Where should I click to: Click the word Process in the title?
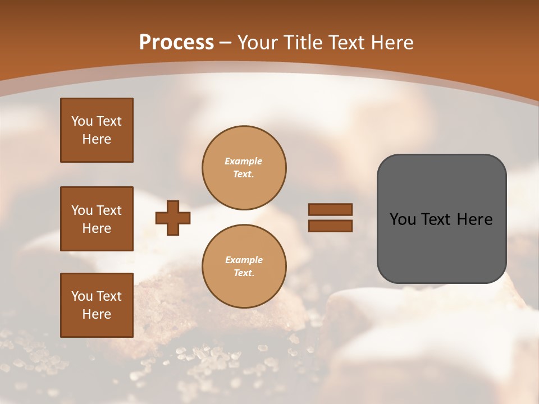(x=176, y=43)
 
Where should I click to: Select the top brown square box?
(x=97, y=130)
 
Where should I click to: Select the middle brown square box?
(x=97, y=219)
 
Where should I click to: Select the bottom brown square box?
(x=97, y=305)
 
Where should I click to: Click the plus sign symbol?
(x=173, y=218)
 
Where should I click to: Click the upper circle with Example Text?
(x=244, y=168)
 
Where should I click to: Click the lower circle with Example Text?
(x=244, y=267)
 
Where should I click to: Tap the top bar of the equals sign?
(x=330, y=210)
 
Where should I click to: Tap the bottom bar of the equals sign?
(x=330, y=226)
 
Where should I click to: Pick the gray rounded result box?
(x=441, y=219)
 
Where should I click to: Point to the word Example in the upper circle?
(x=244, y=162)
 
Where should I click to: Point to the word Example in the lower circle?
(x=244, y=260)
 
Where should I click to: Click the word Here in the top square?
(x=97, y=139)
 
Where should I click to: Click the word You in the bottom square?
(x=82, y=296)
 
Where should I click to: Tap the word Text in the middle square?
(x=108, y=210)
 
